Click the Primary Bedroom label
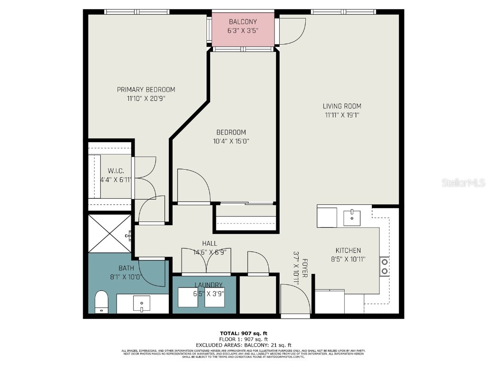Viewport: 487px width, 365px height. pos(146,89)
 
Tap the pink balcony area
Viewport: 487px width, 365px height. pos(243,29)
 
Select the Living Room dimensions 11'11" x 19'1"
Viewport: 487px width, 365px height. pos(342,115)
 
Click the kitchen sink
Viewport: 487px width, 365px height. pos(351,218)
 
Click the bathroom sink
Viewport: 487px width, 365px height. pos(141,303)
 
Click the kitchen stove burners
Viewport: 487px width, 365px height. pos(384,266)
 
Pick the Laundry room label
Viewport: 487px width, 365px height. pos(208,285)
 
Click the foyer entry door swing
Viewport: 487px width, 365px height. pos(295,299)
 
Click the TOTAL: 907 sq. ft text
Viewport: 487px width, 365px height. pos(243,333)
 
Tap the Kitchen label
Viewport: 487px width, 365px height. pos(348,250)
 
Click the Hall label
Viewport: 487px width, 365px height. pos(209,243)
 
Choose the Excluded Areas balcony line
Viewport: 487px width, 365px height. pos(243,345)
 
